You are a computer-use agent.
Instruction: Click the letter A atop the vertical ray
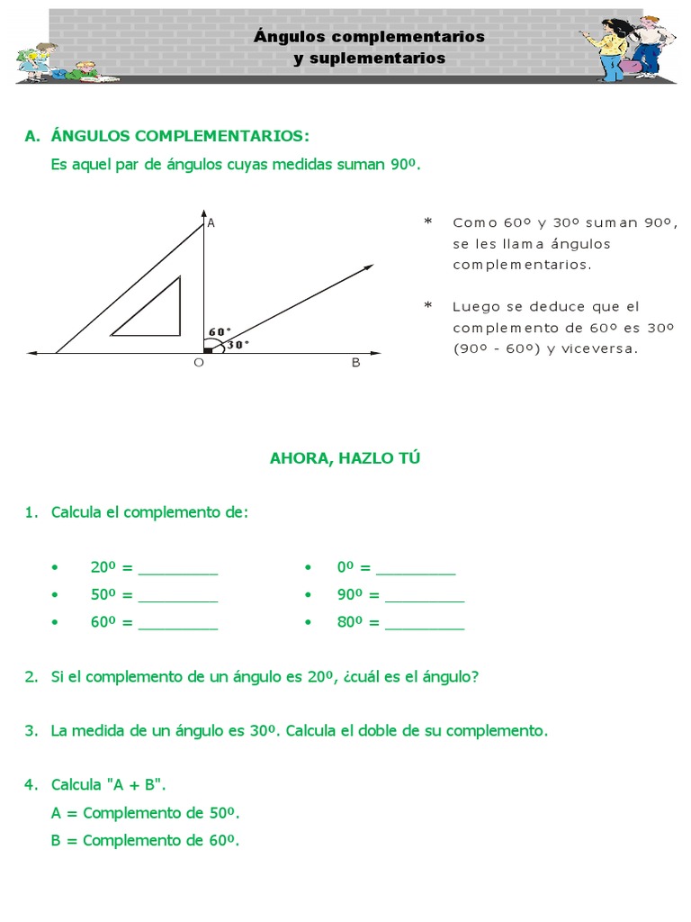(211, 222)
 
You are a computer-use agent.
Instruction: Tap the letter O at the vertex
(199, 363)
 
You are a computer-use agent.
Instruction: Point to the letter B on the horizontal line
(355, 363)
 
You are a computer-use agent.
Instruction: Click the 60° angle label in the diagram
(220, 331)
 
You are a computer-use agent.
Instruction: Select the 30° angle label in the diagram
(238, 344)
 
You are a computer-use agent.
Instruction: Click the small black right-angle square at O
(208, 349)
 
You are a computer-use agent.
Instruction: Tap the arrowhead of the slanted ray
(369, 267)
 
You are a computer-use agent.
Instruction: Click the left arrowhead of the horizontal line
(32, 353)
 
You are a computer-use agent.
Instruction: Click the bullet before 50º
(56, 596)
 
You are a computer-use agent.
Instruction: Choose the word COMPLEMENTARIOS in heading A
(220, 136)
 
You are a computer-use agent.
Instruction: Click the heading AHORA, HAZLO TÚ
(345, 458)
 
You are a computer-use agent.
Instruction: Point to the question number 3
(31, 731)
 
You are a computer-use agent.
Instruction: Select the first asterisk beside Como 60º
(427, 222)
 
